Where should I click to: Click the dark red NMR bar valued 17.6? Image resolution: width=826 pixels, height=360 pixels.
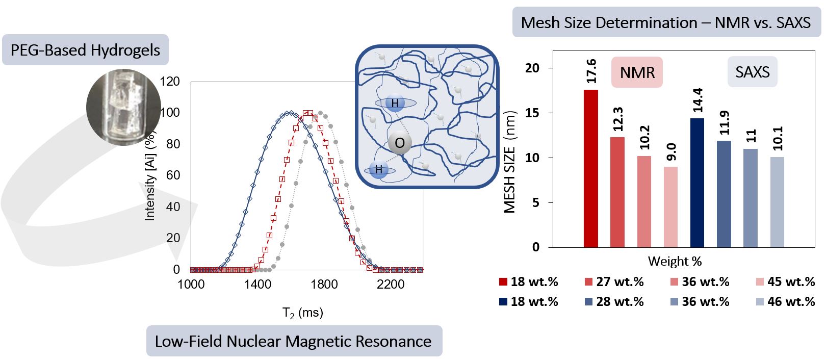[x=590, y=168]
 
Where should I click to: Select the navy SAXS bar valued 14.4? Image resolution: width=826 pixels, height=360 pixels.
[x=697, y=183]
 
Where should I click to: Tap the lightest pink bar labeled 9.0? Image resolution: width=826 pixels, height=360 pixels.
[x=670, y=207]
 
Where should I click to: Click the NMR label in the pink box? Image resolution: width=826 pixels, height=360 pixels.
[x=637, y=72]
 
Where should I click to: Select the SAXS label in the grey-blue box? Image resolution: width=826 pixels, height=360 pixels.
[x=752, y=72]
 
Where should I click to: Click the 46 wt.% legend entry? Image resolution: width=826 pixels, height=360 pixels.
[x=785, y=302]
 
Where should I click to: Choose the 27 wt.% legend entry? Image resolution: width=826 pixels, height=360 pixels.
[x=614, y=282]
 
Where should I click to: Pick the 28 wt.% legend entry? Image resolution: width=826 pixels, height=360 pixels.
[x=614, y=302]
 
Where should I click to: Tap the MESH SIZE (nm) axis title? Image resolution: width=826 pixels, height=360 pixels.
[x=510, y=162]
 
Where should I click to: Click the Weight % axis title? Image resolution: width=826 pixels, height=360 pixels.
[x=675, y=262]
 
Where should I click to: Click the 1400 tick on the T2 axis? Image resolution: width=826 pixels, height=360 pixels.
[x=257, y=284]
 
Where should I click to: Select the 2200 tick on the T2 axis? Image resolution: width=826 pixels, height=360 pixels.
[x=391, y=284]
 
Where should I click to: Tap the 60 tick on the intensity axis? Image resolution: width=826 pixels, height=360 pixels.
[x=173, y=175]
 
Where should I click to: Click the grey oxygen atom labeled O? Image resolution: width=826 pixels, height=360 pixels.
[x=400, y=143]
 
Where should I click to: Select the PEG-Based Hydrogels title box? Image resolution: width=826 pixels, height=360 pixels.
[x=85, y=50]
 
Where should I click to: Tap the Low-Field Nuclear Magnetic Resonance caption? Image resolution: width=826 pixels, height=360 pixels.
[x=293, y=341]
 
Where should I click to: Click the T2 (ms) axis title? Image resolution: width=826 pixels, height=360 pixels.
[x=303, y=313]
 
